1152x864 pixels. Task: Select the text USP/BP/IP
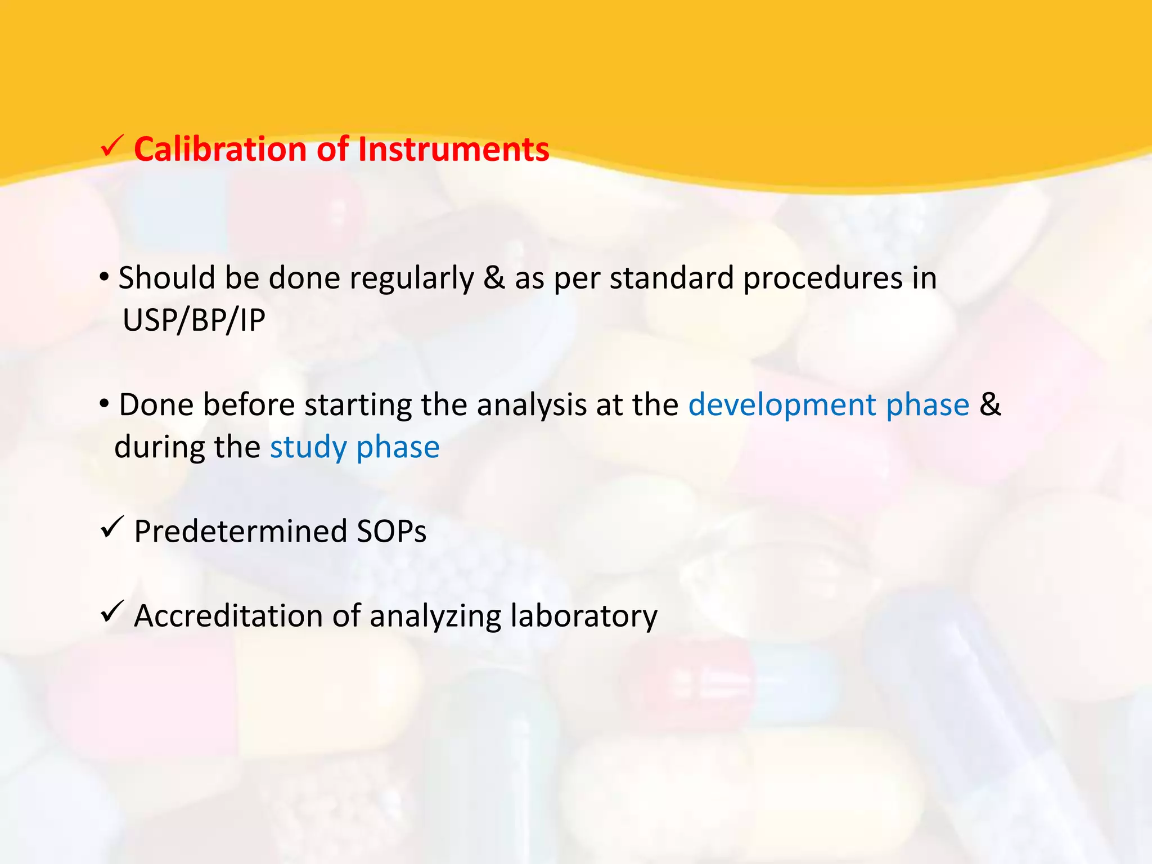tap(193, 321)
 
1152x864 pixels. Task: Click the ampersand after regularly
tap(494, 278)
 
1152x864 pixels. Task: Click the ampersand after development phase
tap(990, 405)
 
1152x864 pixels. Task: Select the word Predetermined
tap(241, 532)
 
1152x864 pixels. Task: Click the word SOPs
tap(391, 532)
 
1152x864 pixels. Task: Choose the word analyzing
tap(435, 616)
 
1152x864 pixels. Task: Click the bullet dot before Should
tap(105, 277)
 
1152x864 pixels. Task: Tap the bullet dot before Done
tap(105, 403)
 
